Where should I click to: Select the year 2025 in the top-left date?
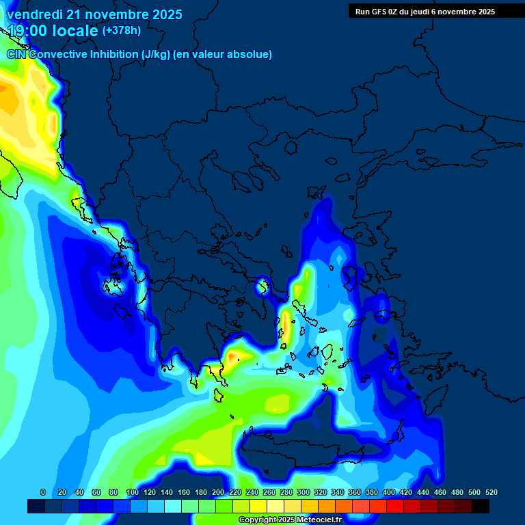(x=163, y=14)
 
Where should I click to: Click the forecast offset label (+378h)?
(x=121, y=31)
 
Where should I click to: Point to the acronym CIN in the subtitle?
(x=16, y=54)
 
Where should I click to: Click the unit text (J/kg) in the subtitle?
(x=156, y=54)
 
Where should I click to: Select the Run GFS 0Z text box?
(x=425, y=11)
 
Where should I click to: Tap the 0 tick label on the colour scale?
(x=43, y=492)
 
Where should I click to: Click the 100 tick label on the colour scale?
(x=132, y=492)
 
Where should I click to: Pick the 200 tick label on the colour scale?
(x=217, y=492)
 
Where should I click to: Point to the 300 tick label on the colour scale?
(x=303, y=492)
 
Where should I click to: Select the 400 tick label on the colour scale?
(x=388, y=492)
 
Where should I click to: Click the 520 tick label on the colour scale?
(x=491, y=492)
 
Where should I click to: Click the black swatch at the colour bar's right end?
(x=481, y=507)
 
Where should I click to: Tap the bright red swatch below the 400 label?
(x=395, y=507)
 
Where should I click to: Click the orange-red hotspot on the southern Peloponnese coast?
(x=233, y=356)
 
